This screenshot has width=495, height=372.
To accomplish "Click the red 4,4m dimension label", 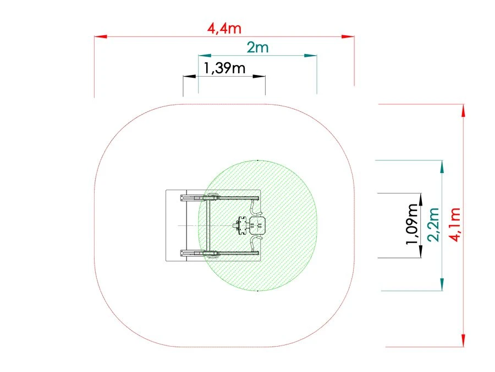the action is (224, 29).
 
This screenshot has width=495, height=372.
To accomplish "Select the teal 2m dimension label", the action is (257, 47).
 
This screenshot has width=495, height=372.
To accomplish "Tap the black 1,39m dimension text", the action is (224, 68).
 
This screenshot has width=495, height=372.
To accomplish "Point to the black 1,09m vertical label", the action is (413, 224).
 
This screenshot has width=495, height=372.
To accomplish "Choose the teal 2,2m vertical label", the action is (433, 225).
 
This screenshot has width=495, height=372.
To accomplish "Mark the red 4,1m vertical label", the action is (455, 225).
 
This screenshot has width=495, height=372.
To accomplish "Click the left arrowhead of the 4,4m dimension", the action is (101, 37).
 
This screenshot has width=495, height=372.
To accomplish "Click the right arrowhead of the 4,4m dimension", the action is (348, 37).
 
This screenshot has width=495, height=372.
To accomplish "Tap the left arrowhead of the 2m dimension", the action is (205, 56).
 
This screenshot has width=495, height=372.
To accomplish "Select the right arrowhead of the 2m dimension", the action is (310, 56).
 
